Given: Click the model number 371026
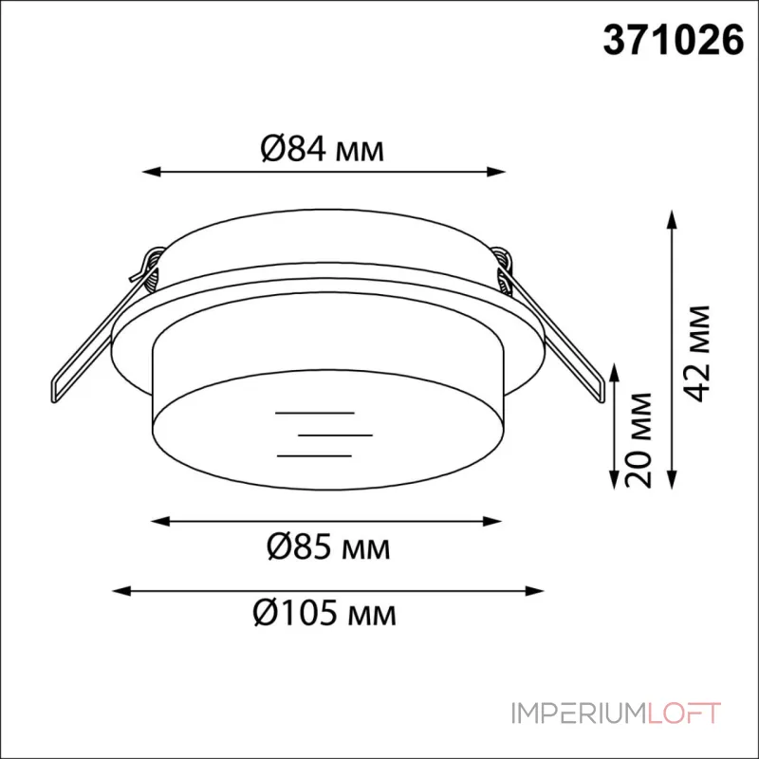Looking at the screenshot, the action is tap(673, 41).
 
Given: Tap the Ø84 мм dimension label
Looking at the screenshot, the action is tap(323, 148).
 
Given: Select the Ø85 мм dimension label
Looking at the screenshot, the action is tap(328, 546).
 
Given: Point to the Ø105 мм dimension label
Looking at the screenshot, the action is tap(324, 612).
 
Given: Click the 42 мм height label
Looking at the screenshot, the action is tap(697, 353).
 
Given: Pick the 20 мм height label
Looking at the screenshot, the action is tap(639, 440).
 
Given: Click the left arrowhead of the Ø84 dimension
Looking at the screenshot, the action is tap(151, 172).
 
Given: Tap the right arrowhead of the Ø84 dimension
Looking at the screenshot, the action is tap(496, 172).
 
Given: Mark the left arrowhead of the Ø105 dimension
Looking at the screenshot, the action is tap(121, 590).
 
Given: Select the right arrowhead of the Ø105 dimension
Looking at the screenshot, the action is tap(535, 590).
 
